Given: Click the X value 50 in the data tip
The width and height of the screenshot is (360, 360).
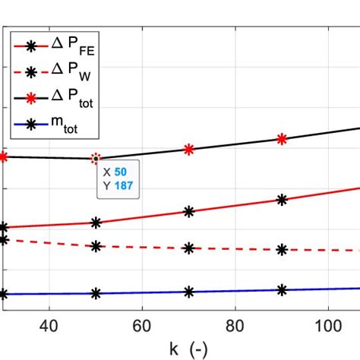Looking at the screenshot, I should [121, 172].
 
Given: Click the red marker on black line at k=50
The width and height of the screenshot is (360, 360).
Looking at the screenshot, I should [96, 159].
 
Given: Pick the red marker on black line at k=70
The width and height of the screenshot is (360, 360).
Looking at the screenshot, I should [189, 150].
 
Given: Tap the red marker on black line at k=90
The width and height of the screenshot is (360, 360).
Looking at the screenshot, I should [282, 139].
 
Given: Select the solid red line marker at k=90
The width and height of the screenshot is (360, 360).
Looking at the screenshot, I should [282, 200].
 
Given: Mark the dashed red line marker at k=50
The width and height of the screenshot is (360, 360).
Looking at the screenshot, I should [96, 246].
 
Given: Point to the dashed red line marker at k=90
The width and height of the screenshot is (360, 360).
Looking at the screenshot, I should [282, 249].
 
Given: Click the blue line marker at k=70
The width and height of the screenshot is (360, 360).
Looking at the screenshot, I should [189, 292].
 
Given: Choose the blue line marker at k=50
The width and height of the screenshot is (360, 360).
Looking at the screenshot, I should [96, 293].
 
